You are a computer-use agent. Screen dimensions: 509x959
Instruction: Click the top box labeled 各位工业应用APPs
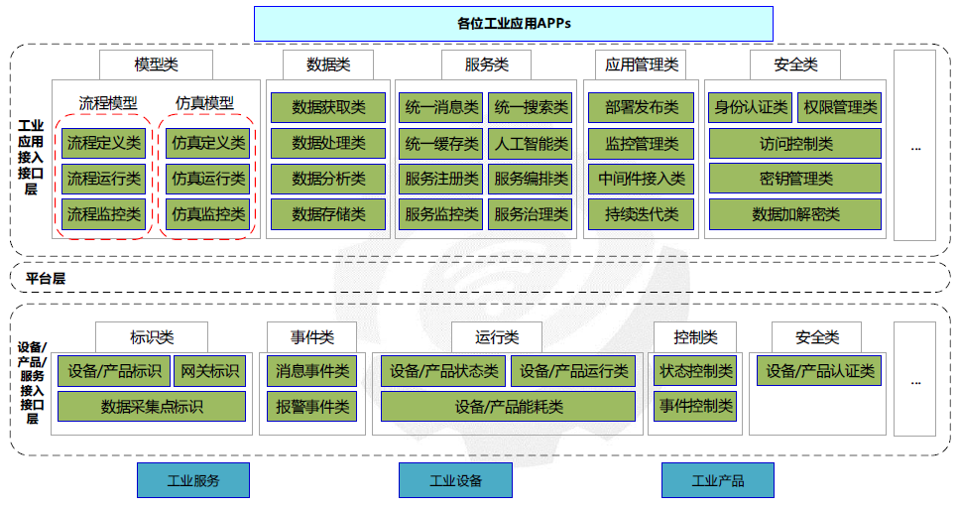513,23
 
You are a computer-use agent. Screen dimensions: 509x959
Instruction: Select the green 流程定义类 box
103,143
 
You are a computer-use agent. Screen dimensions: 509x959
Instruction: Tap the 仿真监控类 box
208,213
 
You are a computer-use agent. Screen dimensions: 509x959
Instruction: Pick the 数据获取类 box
328,107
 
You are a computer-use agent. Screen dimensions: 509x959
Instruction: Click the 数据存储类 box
328,213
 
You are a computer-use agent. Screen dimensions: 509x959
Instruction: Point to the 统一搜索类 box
531,107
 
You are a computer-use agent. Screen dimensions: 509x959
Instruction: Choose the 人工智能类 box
531,143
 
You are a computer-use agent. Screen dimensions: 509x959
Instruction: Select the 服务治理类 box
531,213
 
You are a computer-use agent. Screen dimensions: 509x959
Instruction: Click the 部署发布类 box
642,107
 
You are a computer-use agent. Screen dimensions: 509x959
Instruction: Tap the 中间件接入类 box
642,179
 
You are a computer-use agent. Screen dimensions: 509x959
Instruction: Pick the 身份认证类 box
750,107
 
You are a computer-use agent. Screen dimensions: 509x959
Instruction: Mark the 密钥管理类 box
795,179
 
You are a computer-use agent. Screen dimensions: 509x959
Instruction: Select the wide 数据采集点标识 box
152,406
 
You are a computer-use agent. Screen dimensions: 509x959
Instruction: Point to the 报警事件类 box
312,406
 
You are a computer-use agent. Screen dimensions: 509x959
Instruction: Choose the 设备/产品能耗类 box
509,406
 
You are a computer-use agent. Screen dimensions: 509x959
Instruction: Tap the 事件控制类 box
695,406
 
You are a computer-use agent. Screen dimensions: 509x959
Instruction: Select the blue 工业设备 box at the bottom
455,481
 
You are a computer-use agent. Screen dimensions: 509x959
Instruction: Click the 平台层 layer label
46,279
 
